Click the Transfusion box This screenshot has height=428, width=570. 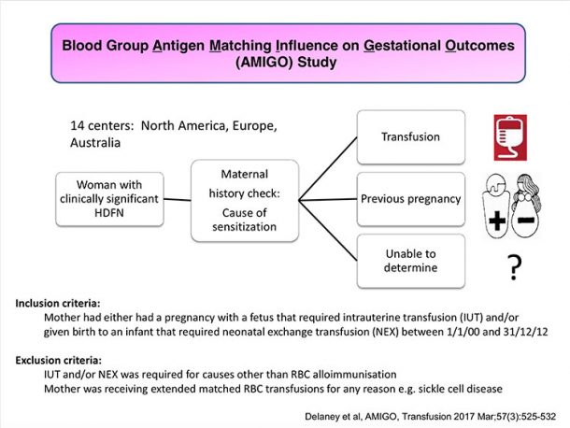click(x=411, y=137)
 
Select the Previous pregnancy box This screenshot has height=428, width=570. click(x=411, y=199)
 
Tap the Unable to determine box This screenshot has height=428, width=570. click(x=411, y=261)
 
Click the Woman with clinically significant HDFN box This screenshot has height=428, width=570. click(x=109, y=199)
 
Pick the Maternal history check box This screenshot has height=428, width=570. click(x=245, y=200)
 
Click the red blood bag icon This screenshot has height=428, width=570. click(x=510, y=137)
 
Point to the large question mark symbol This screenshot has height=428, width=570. click(x=514, y=267)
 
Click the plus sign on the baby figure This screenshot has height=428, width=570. click(x=497, y=220)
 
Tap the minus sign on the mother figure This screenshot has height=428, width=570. click(x=526, y=220)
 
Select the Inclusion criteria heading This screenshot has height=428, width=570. click(x=57, y=304)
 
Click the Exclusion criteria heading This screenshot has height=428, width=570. click(x=59, y=361)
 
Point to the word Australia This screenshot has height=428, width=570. click(x=95, y=143)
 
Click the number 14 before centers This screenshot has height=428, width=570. click(x=78, y=126)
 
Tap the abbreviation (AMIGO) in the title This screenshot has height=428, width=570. click(x=264, y=63)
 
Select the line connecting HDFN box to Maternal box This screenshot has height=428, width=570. click(x=177, y=199)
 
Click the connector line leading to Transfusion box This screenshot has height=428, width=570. click(x=328, y=169)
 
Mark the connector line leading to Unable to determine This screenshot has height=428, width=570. click(x=328, y=231)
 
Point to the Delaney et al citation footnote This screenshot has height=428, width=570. click(x=431, y=417)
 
